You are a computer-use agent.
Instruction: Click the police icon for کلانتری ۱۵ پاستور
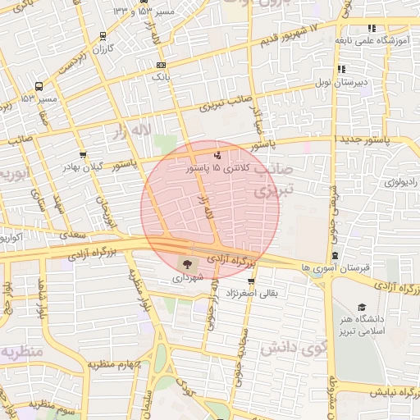click(x=217, y=155)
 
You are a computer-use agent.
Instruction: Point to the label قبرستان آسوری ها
click(x=336, y=268)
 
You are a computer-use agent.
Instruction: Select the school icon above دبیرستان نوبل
click(x=340, y=70)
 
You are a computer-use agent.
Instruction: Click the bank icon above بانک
click(x=161, y=64)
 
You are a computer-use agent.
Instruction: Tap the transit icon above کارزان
click(x=103, y=36)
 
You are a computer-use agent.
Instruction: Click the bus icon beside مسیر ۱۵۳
click(x=39, y=86)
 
